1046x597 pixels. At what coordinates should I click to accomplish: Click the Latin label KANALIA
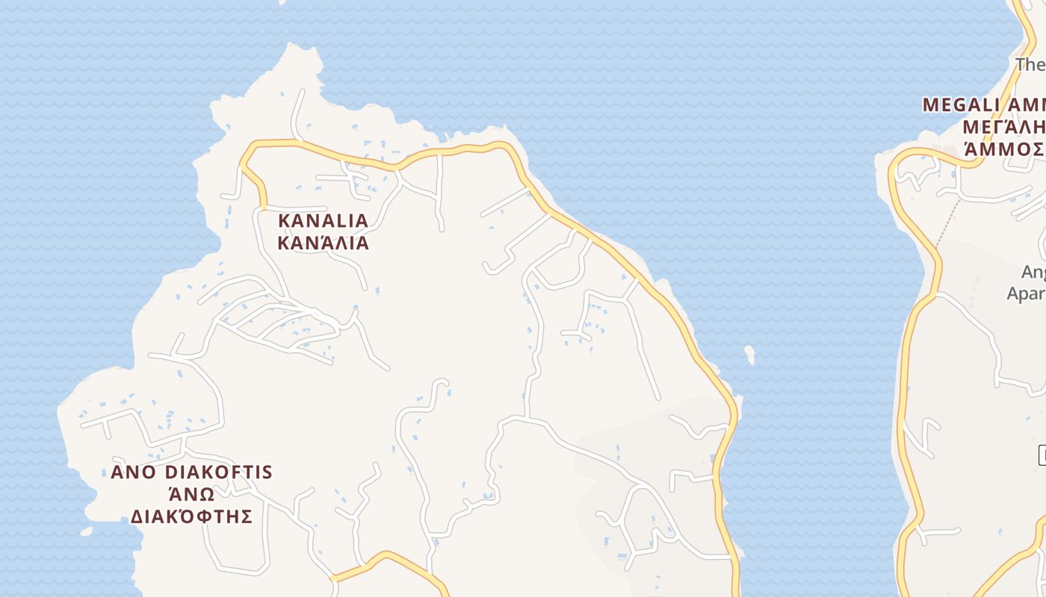323,221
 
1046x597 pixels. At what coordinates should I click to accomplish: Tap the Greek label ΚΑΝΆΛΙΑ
323,243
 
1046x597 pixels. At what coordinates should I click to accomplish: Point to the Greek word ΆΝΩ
191,495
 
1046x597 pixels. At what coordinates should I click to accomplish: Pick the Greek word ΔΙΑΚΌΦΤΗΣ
191,516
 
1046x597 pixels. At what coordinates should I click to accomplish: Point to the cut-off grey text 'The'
1030,65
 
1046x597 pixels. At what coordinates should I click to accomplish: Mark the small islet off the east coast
749,354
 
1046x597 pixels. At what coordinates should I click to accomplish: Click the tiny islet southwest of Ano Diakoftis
86,532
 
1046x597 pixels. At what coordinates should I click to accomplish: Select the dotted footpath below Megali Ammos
949,221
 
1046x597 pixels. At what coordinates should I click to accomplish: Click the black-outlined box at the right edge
1042,454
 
